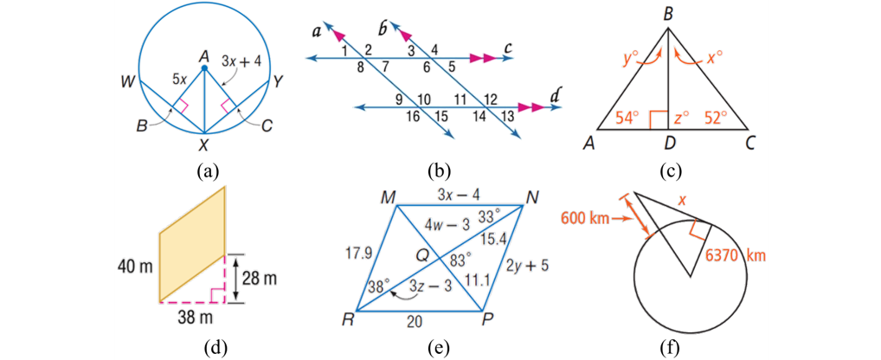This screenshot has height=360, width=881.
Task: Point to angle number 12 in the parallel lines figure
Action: click(x=491, y=99)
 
